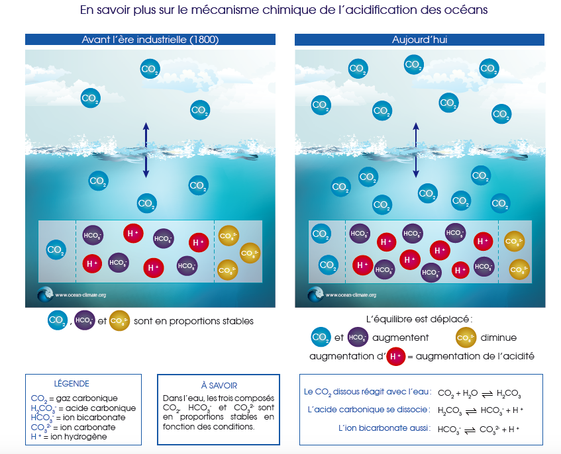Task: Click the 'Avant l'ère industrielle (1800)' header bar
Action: coord(150,40)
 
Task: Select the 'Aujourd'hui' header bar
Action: coord(419,40)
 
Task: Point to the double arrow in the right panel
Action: coord(415,150)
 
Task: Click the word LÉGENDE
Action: coord(72,384)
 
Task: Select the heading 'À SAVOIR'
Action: coord(219,385)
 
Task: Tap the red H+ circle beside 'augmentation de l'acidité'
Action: coord(396,356)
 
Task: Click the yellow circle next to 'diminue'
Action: coord(466,338)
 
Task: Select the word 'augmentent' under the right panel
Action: coord(401,338)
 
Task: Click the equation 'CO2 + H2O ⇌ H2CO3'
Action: coord(480,394)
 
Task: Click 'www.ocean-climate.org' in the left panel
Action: coord(80,296)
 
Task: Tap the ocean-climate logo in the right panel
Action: coord(315,295)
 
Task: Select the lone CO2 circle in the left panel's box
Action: coord(56,250)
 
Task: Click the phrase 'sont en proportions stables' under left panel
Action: coord(193,321)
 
